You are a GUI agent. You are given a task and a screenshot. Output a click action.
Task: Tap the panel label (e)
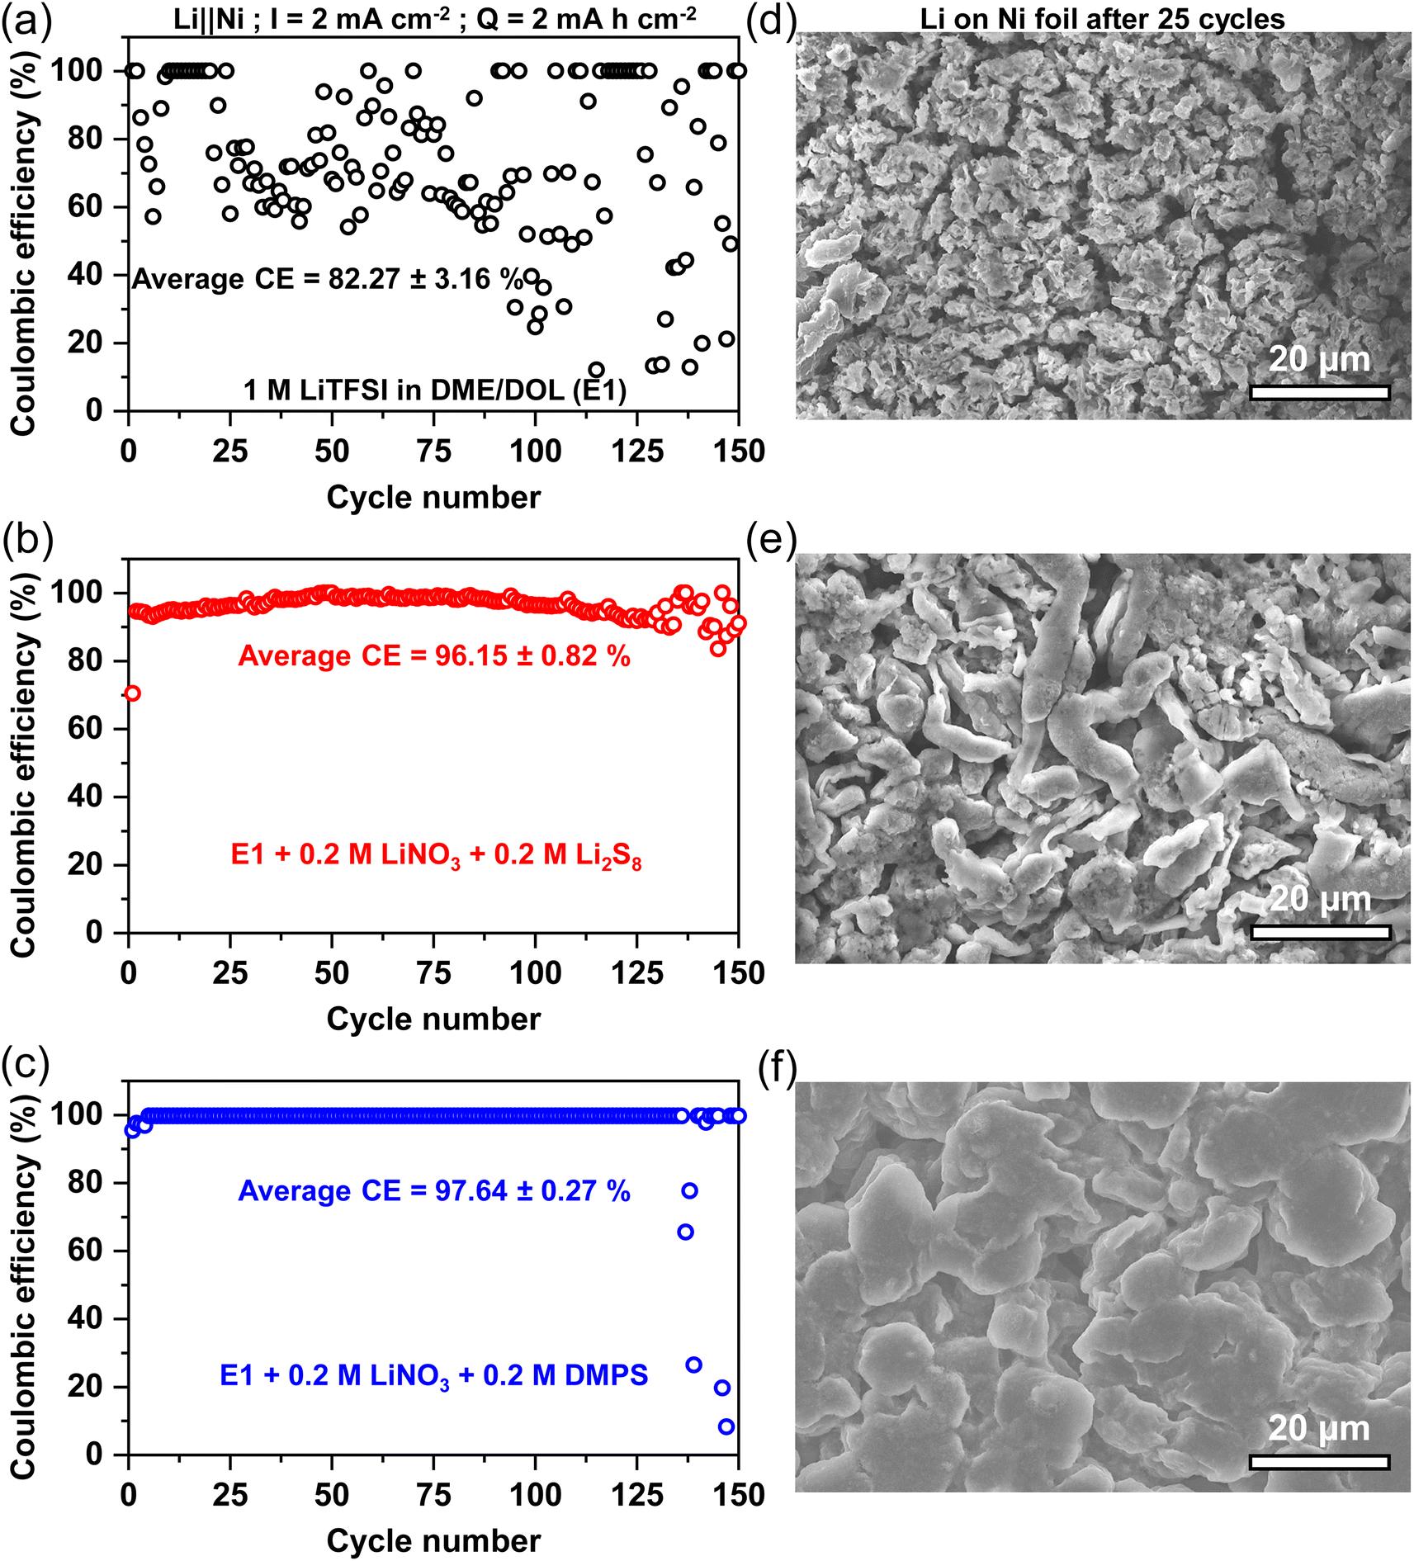pyautogui.click(x=770, y=542)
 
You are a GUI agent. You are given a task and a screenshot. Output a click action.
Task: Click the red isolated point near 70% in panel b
pyautogui.click(x=132, y=693)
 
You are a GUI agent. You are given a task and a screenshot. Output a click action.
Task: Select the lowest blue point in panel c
pyautogui.click(x=726, y=1426)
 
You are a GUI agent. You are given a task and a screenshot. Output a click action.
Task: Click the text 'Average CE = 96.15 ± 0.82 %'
pyautogui.click(x=434, y=656)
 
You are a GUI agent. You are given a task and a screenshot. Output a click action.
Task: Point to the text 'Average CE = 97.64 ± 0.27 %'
pyautogui.click(x=434, y=1191)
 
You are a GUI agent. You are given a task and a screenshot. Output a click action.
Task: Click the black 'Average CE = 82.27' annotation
pyautogui.click(x=329, y=280)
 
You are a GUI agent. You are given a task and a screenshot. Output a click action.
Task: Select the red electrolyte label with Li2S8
pyautogui.click(x=437, y=859)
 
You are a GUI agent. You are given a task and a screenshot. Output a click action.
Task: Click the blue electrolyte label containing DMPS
pyautogui.click(x=434, y=1376)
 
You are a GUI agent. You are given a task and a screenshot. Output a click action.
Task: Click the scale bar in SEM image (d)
pyautogui.click(x=1319, y=392)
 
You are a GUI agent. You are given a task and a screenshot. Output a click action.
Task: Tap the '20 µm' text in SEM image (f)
pyautogui.click(x=1318, y=1429)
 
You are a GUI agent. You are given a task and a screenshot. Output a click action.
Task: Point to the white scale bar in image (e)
pyautogui.click(x=1319, y=933)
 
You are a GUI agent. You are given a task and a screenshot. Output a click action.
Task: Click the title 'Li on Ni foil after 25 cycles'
pyautogui.click(x=1104, y=18)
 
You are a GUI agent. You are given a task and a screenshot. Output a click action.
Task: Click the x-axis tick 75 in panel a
pyautogui.click(x=434, y=452)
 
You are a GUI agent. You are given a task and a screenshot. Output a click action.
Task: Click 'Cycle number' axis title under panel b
pyautogui.click(x=434, y=1019)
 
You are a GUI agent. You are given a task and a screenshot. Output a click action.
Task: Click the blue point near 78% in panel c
pyautogui.click(x=689, y=1190)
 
